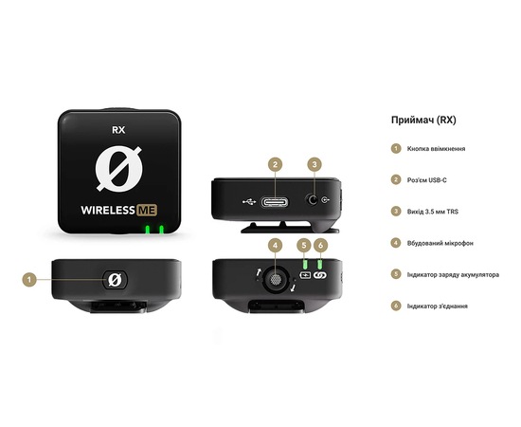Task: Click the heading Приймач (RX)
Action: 423,121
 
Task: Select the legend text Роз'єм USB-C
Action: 429,179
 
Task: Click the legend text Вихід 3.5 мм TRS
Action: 433,211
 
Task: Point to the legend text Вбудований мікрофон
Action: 440,243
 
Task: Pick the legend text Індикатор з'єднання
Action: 437,306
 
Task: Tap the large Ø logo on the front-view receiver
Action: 118,170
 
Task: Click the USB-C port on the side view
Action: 274,201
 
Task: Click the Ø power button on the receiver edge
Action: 114,280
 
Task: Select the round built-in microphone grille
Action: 275,280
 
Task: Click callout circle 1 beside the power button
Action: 30,279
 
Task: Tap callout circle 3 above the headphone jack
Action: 314,164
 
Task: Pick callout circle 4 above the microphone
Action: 275,245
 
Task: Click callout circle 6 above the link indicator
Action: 321,245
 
